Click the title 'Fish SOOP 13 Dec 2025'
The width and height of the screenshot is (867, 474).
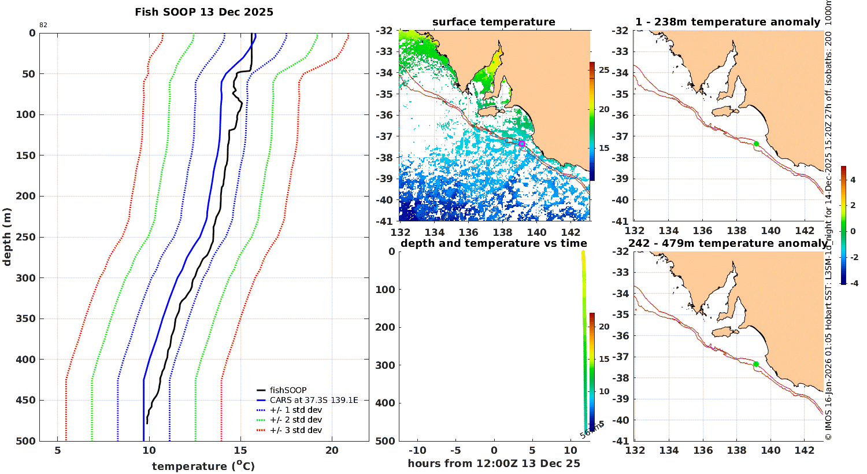204,12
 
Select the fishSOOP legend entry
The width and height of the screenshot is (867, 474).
288,390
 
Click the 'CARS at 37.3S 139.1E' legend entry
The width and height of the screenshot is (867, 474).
314,400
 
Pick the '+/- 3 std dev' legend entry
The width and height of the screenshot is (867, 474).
295,430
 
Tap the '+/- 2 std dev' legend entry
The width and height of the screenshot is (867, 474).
295,420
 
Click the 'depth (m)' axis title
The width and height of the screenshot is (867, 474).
8,237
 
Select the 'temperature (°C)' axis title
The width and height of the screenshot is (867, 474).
203,466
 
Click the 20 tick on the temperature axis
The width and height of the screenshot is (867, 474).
332,451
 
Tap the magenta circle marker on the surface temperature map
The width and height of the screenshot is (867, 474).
521,143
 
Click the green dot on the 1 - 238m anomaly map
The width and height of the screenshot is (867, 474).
756,143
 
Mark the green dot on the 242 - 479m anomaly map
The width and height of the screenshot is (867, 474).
756,364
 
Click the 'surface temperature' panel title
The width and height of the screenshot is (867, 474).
494,22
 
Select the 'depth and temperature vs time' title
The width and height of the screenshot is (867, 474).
494,243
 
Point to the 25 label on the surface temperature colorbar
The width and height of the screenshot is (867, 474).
604,70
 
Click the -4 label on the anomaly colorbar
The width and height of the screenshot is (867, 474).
853,283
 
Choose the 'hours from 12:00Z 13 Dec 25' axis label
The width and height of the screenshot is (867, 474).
494,463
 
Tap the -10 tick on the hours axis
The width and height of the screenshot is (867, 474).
417,451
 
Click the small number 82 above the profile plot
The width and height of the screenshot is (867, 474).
43,25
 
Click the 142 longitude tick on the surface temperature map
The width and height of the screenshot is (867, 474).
571,232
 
